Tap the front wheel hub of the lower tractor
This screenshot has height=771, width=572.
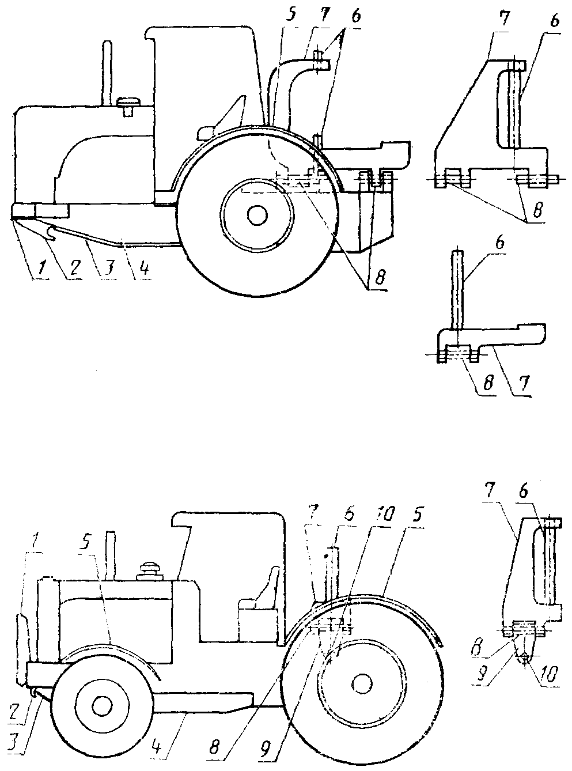[101, 705]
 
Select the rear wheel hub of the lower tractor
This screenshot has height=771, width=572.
[361, 683]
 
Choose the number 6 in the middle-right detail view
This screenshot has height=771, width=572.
[499, 244]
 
